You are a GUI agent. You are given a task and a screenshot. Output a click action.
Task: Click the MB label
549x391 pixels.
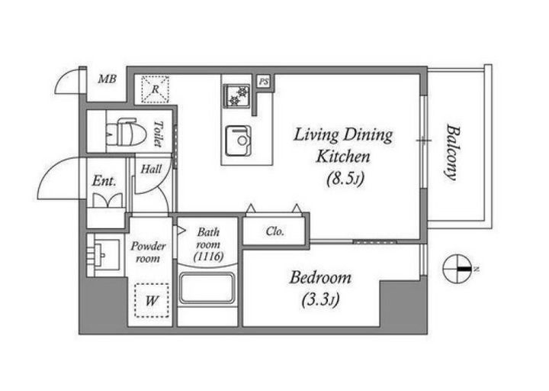pyautogui.click(x=108, y=79)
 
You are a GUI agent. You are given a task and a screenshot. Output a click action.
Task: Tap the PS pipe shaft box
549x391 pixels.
pyautogui.click(x=264, y=82)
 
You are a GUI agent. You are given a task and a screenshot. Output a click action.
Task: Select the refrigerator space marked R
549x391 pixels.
pyautogui.click(x=155, y=89)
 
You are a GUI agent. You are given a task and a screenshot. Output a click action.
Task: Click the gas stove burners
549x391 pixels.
pyautogui.click(x=237, y=95)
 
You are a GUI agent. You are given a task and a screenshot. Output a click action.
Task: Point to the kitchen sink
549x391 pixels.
pyautogui.click(x=238, y=141)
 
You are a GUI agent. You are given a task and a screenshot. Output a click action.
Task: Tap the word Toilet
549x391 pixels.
pyautogui.click(x=159, y=134)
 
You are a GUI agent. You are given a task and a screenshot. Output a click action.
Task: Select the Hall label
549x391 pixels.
pyautogui.click(x=151, y=170)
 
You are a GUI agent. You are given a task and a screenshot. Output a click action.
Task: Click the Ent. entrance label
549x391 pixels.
pyautogui.click(x=104, y=181)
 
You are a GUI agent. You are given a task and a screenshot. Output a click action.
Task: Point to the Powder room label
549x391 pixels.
pyautogui.click(x=148, y=253)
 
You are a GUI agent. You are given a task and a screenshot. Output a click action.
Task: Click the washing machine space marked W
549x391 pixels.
pyautogui.click(x=152, y=301)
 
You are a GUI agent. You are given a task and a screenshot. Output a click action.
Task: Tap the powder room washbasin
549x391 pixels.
pyautogui.click(x=104, y=254)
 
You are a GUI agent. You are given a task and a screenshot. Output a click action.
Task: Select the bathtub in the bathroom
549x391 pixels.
pyautogui.click(x=207, y=288)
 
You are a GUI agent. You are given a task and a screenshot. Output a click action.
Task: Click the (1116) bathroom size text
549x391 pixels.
pyautogui.click(x=209, y=257)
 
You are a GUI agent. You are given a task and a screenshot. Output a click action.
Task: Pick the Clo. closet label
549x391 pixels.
pyautogui.click(x=275, y=231)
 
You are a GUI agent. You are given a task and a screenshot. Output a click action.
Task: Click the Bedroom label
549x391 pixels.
pyautogui.click(x=320, y=278)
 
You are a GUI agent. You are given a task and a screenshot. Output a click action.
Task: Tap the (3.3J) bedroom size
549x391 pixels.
pyautogui.click(x=320, y=300)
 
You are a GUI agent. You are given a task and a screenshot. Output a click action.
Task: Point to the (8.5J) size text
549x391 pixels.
pyautogui.click(x=345, y=179)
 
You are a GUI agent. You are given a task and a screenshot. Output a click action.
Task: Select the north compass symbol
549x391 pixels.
pyautogui.click(x=457, y=270)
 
